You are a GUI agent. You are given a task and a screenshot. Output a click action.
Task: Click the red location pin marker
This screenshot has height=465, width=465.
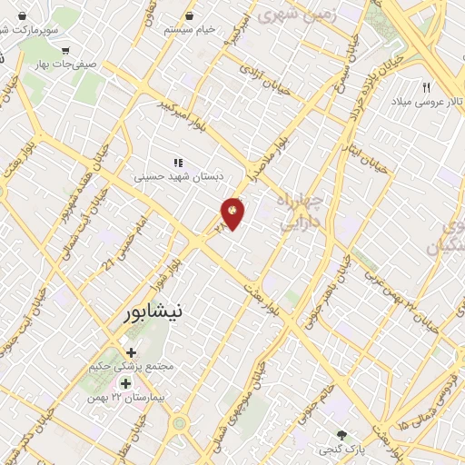tap(233, 212)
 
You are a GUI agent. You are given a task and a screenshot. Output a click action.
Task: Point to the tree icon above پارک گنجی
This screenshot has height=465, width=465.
tap(341, 435)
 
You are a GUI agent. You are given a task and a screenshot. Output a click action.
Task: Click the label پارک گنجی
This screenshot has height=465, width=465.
tap(341, 450)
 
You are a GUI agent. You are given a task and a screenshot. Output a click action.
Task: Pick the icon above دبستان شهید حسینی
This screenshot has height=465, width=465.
tap(178, 163)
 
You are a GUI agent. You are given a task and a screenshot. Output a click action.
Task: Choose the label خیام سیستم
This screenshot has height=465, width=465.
tap(190, 29)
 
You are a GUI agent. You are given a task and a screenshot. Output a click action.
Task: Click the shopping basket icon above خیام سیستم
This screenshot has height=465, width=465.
tap(190, 15)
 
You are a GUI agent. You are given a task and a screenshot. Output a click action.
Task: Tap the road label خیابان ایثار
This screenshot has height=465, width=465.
tap(371, 155)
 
